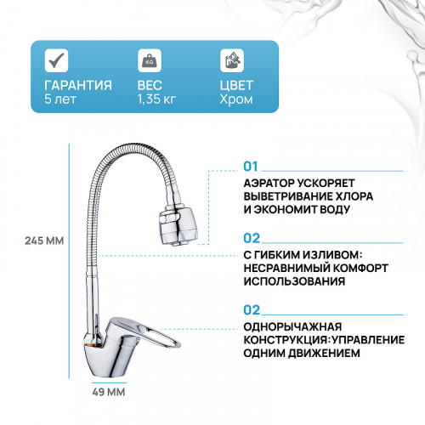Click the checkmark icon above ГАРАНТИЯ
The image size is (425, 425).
click(x=56, y=59)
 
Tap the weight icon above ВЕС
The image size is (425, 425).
click(x=149, y=59)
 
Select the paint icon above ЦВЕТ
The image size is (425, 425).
click(x=231, y=59)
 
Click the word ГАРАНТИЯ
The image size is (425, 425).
click(x=78, y=85)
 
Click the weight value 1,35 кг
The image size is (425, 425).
click(x=156, y=100)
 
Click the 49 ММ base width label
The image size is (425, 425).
click(x=107, y=392)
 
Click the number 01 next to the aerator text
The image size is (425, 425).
click(x=251, y=167)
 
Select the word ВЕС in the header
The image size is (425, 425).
click(x=150, y=85)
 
